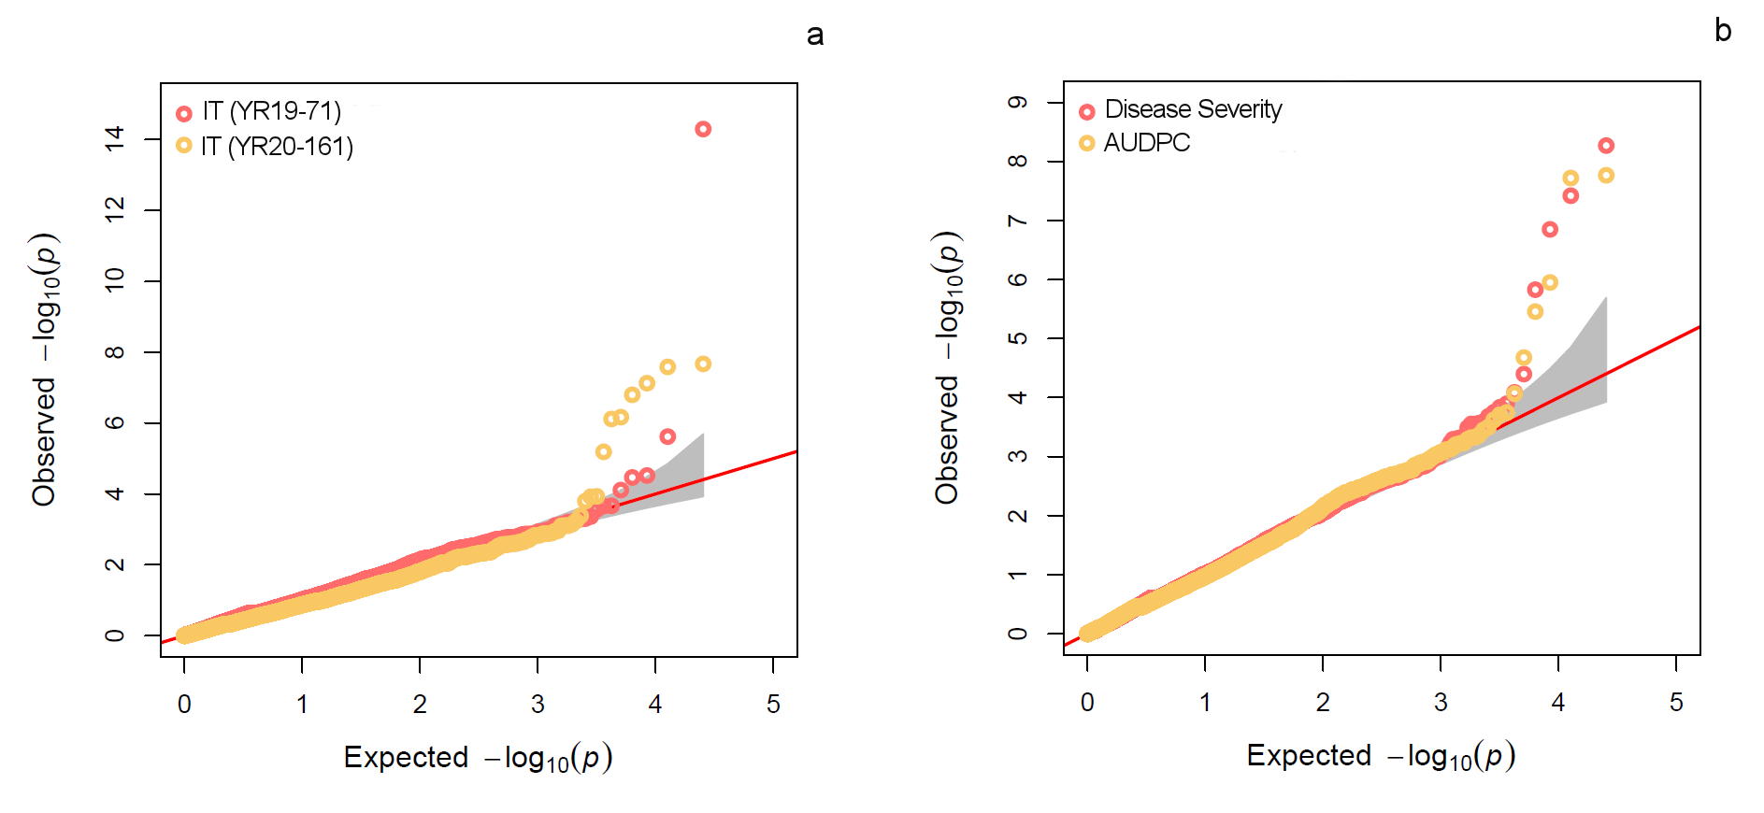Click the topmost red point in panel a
coord(703,129)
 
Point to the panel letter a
coord(815,36)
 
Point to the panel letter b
coord(1723,31)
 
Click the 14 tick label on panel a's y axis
coord(115,138)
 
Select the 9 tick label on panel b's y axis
coord(1018,102)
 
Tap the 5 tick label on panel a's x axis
coord(773,705)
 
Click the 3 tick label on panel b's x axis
coord(1441,703)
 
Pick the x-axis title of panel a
coord(478,757)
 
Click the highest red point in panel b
coord(1606,146)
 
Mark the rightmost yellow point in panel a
coord(703,364)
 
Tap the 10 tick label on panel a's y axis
coord(115,280)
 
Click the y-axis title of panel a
coord(45,369)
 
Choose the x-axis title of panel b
coord(1381,755)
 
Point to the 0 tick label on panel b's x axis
coord(1087,703)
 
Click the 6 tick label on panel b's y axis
coord(1018,278)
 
